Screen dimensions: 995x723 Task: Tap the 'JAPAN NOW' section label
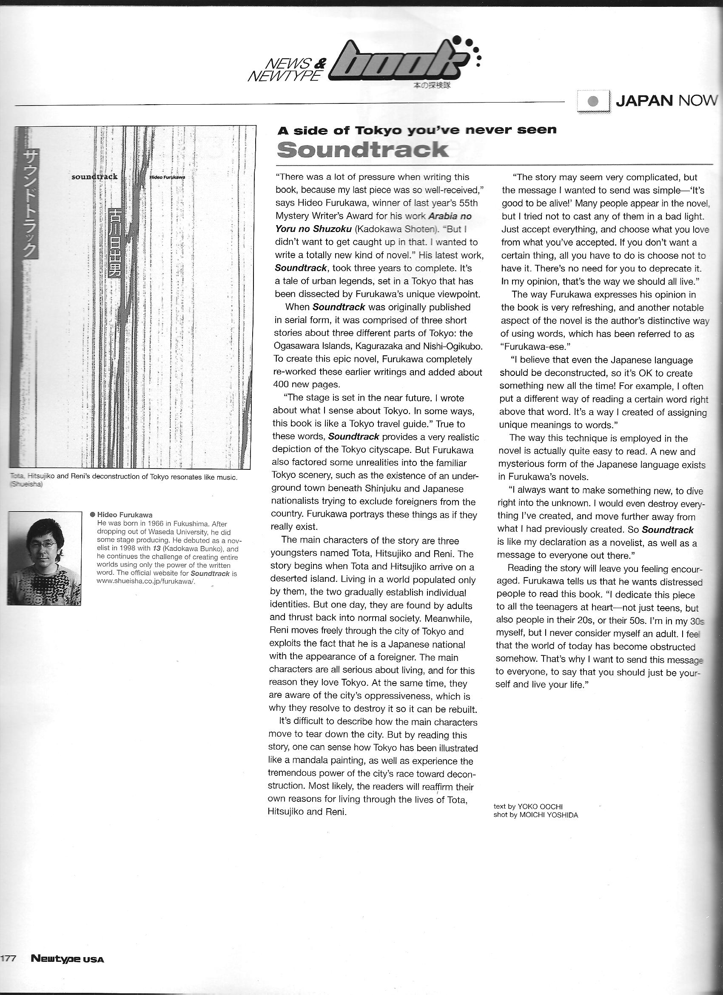pos(666,100)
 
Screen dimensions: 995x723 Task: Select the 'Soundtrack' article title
pos(363,150)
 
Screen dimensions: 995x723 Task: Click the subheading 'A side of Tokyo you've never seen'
pos(417,130)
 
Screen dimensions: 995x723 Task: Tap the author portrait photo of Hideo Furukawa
pos(44,558)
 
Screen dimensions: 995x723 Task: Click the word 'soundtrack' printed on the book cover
pos(95,177)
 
